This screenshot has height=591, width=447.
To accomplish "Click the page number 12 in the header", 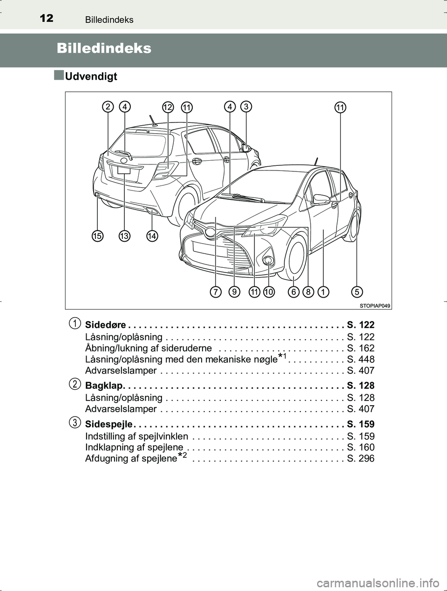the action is [47, 19].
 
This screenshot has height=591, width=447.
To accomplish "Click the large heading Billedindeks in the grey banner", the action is [104, 48].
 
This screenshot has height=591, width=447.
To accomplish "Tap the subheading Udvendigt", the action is [91, 76].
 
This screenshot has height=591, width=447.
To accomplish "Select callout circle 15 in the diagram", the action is [97, 236].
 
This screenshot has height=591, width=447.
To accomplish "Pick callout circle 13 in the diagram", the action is [124, 236].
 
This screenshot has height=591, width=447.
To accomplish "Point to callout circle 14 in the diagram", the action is [152, 236].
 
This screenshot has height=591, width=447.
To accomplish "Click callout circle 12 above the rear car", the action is [168, 107].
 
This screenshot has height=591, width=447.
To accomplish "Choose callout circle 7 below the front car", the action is [216, 292].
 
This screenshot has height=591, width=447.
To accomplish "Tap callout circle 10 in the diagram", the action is [269, 292].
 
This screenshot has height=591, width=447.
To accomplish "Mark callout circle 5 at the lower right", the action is [357, 292].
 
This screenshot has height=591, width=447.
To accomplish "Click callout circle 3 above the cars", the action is [246, 106].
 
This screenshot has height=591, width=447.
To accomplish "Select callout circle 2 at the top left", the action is [108, 107].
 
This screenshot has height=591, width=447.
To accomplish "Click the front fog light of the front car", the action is [268, 260].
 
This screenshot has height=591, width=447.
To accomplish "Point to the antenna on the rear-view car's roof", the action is [153, 120].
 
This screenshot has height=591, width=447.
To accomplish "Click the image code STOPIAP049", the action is [375, 306].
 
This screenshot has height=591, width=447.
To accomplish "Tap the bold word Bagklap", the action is [104, 386].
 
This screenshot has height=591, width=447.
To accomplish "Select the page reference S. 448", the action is [360, 359].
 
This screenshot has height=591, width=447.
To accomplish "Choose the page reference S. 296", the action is [360, 458].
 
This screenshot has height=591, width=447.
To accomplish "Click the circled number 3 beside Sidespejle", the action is [74, 422].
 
